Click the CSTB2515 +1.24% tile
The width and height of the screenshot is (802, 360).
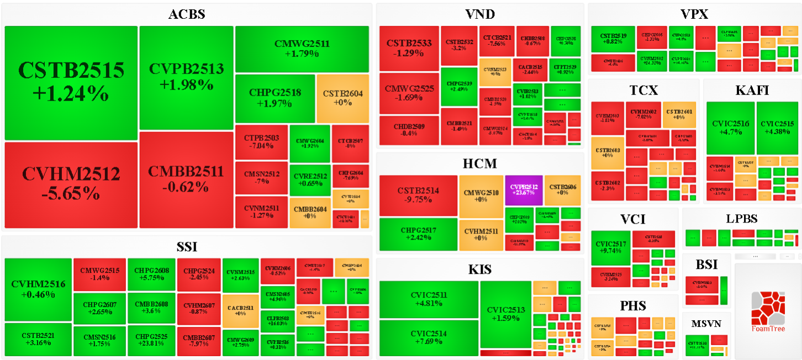point(71,82)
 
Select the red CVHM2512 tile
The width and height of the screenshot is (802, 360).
point(71,184)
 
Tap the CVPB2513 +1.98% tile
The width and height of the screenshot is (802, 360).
point(186,77)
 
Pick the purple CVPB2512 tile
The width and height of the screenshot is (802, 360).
point(524,190)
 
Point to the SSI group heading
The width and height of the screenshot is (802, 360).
point(187,247)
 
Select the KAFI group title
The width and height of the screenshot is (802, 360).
point(752,91)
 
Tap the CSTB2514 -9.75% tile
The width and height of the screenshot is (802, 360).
point(418,195)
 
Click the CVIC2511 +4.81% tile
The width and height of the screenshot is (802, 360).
point(428,299)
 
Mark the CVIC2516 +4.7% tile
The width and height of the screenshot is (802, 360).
point(730,128)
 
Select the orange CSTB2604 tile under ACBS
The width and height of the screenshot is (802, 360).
point(342,98)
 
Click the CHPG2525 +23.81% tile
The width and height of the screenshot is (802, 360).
point(151,339)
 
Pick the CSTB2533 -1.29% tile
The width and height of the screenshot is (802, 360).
point(409,48)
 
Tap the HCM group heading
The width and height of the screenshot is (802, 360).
point(479,163)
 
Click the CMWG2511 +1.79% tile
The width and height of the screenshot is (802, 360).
point(302,49)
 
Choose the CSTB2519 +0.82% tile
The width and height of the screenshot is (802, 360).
point(613,39)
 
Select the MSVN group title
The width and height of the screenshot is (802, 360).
point(706,324)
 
